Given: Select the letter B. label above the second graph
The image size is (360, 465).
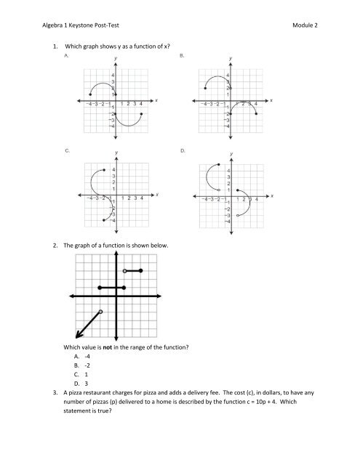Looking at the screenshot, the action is click(x=182, y=54).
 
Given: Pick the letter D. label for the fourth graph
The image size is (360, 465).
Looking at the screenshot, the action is click(x=182, y=150).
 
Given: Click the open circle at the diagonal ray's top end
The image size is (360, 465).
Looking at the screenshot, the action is click(x=101, y=312).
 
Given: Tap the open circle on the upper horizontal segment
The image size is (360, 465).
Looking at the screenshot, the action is click(x=125, y=271).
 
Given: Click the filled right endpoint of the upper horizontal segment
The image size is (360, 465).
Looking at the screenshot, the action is click(x=141, y=271).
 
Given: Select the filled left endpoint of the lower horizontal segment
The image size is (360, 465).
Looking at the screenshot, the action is click(x=99, y=288).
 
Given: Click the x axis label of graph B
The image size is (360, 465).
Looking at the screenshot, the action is click(x=272, y=101).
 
